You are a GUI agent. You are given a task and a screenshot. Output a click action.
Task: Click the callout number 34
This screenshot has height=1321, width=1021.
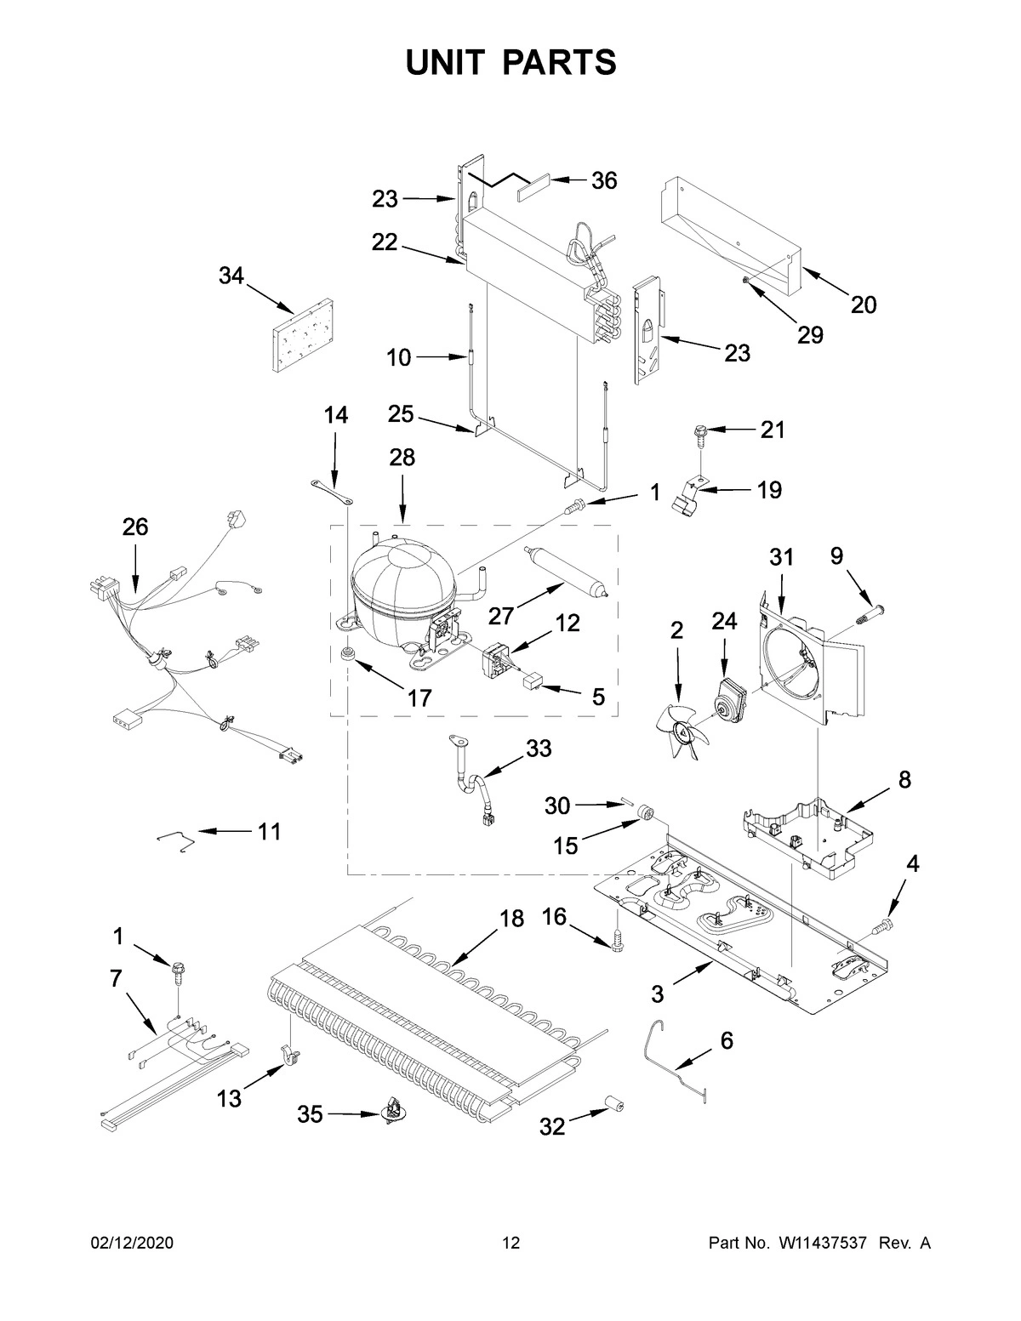pyautogui.click(x=231, y=276)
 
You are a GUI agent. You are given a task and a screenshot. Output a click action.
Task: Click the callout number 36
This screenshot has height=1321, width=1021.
pyautogui.click(x=604, y=180)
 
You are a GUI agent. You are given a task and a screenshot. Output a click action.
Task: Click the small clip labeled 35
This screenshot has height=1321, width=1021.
pyautogui.click(x=393, y=1112)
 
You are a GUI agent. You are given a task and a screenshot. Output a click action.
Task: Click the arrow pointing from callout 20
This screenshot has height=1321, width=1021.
pyautogui.click(x=824, y=285)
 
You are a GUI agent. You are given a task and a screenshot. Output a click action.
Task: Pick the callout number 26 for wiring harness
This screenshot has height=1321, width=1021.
pyautogui.click(x=134, y=527)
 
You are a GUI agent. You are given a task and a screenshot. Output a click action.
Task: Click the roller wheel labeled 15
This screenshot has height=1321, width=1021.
pyautogui.click(x=648, y=815)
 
